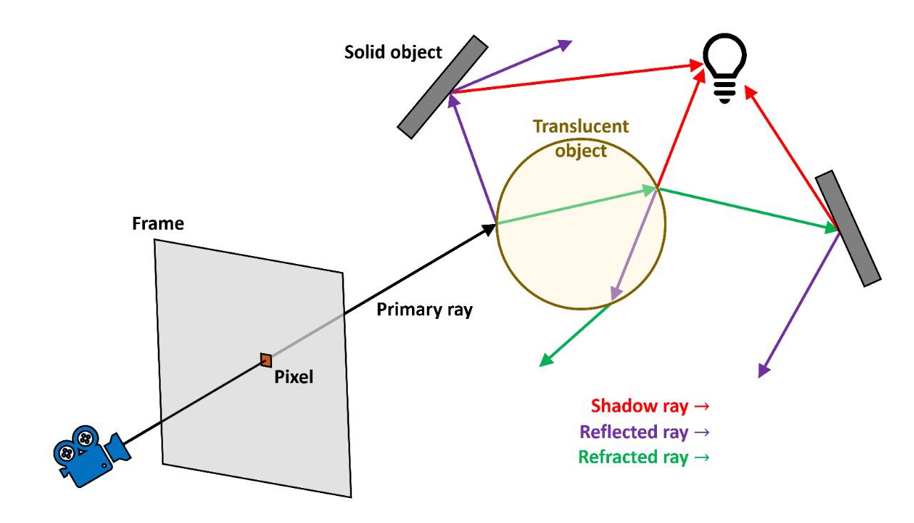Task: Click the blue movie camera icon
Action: (x=92, y=456)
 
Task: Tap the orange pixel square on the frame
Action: (x=266, y=360)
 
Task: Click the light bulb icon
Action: (x=725, y=68)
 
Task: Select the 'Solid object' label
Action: (x=393, y=53)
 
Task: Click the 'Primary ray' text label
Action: (x=424, y=310)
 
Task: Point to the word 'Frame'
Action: (x=158, y=223)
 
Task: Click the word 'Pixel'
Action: (x=293, y=377)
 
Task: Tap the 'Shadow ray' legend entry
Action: (x=650, y=406)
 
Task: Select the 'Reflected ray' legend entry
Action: (x=645, y=432)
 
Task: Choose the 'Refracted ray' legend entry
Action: (x=644, y=457)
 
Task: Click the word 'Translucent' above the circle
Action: (x=581, y=126)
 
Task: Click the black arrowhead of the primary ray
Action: (x=489, y=229)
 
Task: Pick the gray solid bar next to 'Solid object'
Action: (x=443, y=87)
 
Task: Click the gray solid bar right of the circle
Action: (x=848, y=228)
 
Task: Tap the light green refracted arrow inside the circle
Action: (x=576, y=206)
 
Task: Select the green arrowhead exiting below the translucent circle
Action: (x=546, y=360)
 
